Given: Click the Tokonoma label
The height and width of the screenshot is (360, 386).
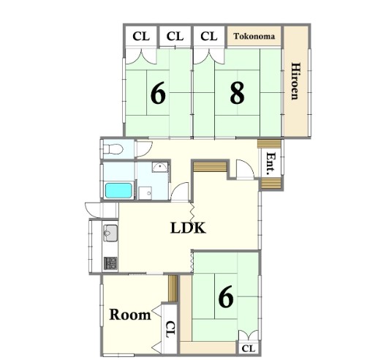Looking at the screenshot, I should [254, 36].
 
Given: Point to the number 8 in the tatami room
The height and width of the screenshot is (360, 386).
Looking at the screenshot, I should [236, 94].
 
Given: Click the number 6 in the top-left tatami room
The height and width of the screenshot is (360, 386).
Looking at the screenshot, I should [157, 94].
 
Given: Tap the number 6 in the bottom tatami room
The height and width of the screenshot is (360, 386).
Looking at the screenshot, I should [226, 297].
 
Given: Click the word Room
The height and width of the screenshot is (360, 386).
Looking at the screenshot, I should [130, 315].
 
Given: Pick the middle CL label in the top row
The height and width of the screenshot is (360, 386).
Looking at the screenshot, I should [174, 36].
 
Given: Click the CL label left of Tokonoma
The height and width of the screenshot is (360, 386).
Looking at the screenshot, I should [208, 36].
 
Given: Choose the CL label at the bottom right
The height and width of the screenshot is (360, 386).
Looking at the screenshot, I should [248, 348].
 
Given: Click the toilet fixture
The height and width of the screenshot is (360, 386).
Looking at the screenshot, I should [113, 149].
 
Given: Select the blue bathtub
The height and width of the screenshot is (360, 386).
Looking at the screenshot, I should [118, 190].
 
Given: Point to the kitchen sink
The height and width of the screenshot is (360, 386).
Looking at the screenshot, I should [110, 235].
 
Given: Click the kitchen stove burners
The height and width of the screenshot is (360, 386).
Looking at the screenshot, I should [110, 262].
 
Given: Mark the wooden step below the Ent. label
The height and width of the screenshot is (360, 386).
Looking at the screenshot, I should [270, 183].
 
